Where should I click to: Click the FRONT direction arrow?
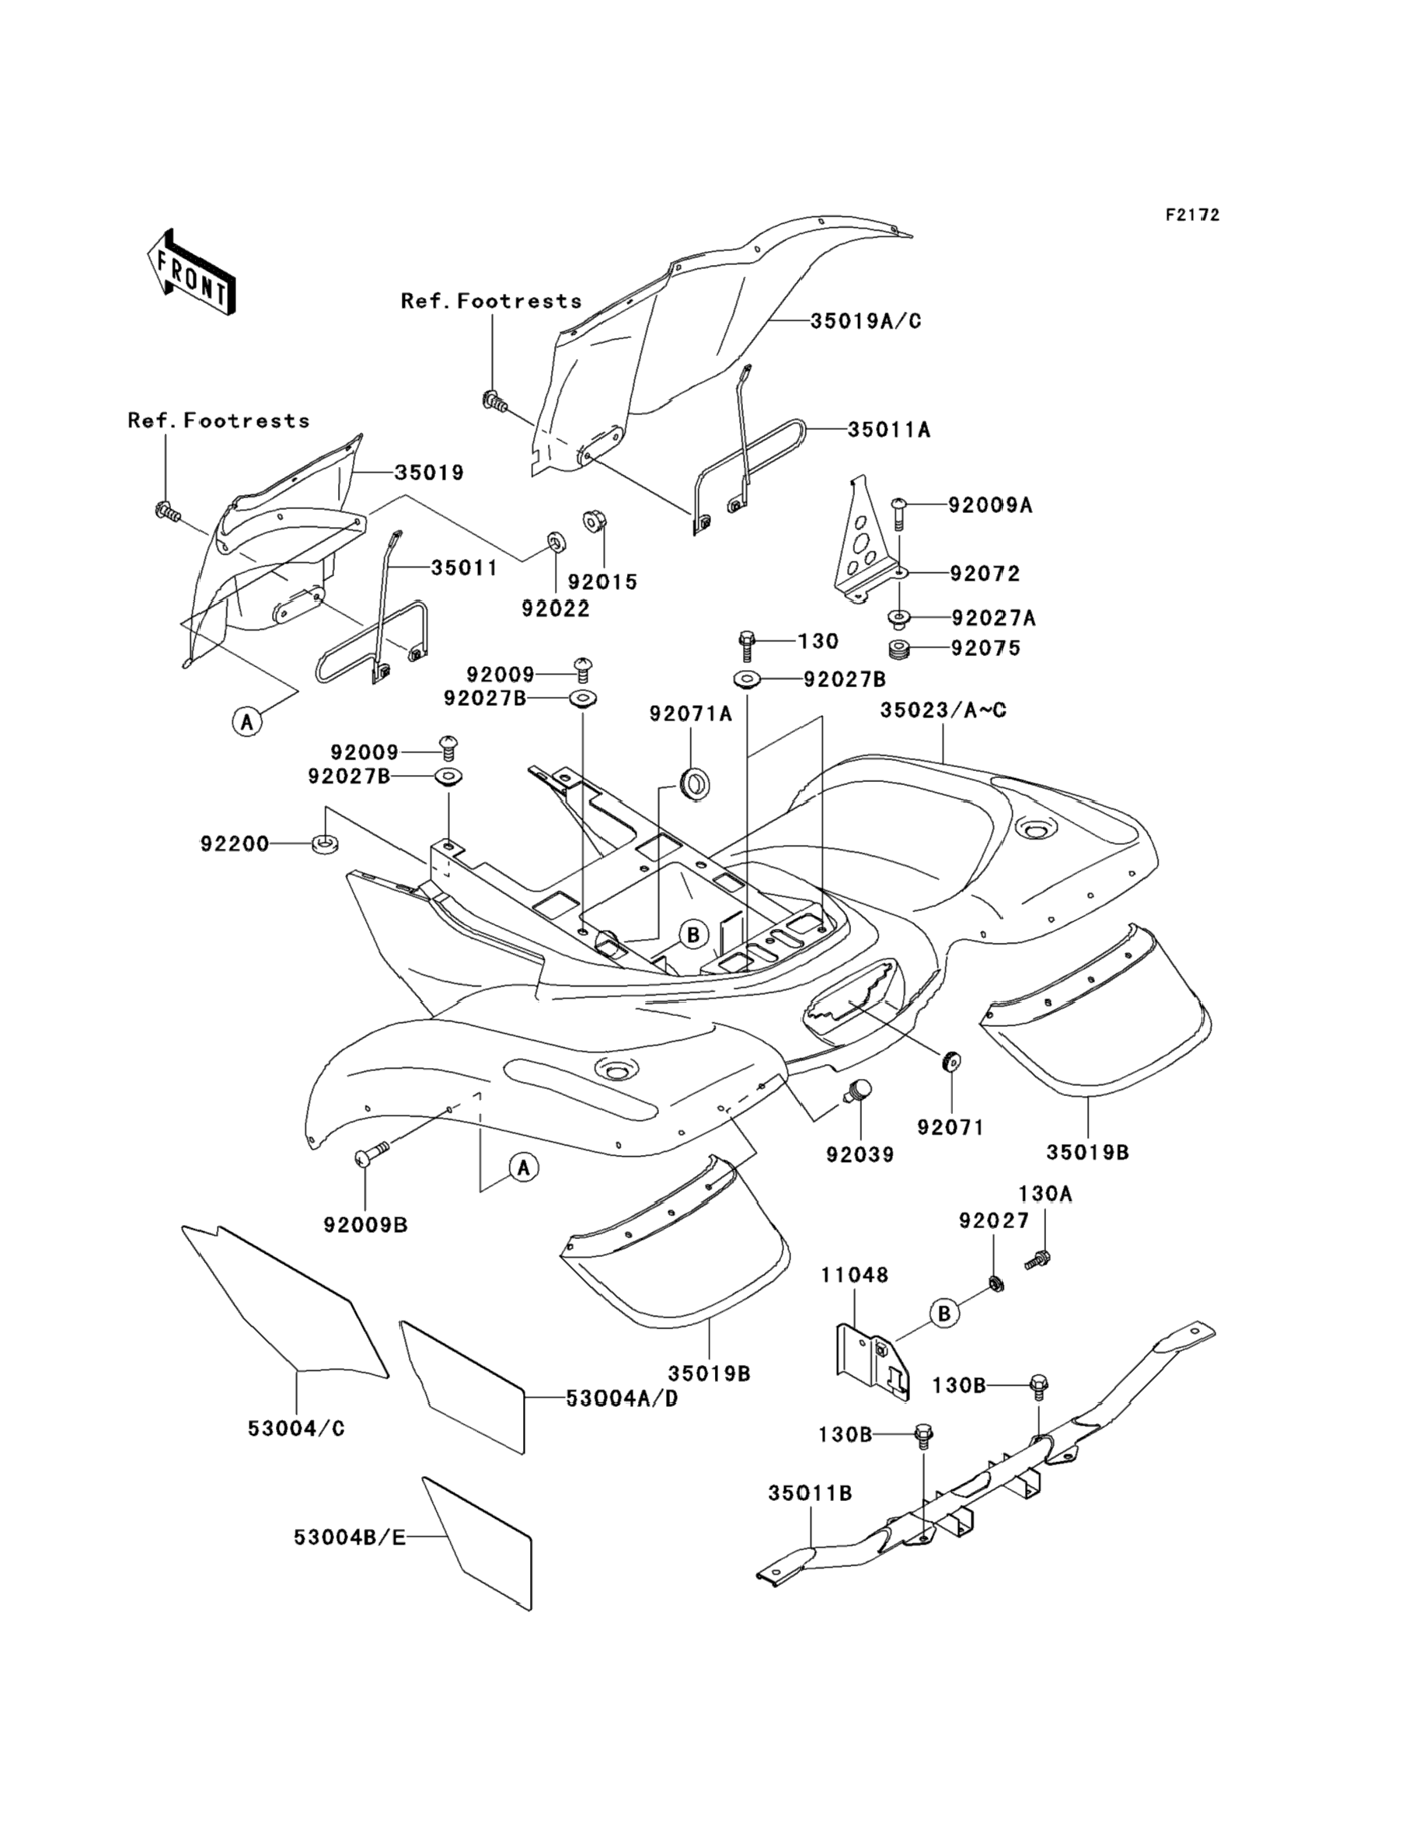click(190, 273)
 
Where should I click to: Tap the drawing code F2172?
click(1192, 215)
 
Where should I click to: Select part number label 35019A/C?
click(866, 321)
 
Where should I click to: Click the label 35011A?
click(889, 430)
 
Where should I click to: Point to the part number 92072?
click(985, 574)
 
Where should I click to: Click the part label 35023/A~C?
click(943, 710)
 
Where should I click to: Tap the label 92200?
click(235, 845)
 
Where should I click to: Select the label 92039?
click(860, 1154)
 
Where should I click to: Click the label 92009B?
click(365, 1225)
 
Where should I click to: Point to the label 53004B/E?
click(350, 1537)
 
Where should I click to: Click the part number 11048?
click(855, 1276)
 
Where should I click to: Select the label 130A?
click(1045, 1194)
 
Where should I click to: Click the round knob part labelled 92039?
click(857, 1090)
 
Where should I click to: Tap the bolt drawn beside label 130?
click(747, 647)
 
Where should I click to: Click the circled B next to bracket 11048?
click(943, 1314)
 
